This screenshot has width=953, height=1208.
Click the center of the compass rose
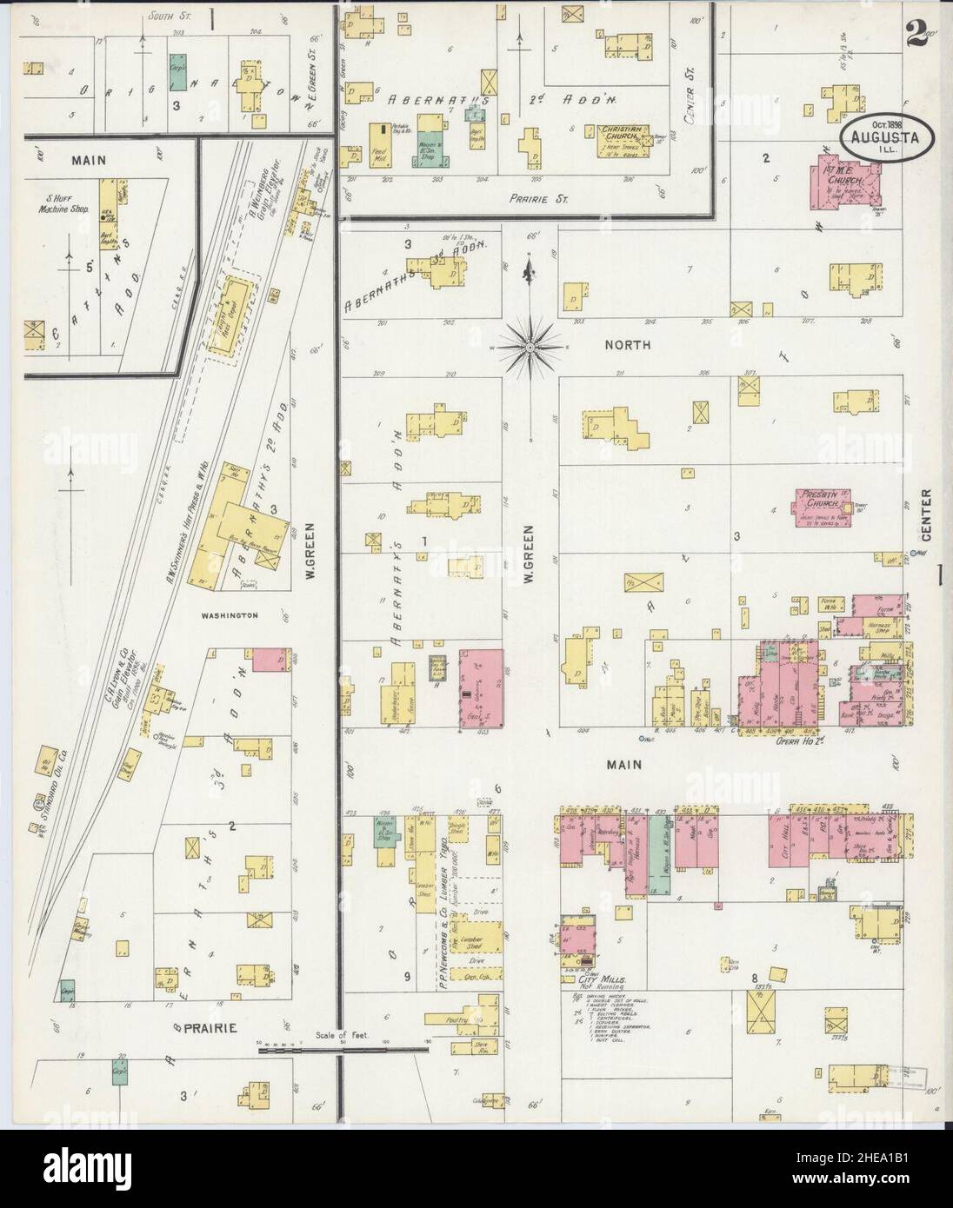[x=529, y=347]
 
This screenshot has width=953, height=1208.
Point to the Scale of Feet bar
[x=343, y=1046]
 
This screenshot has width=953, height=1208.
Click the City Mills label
[x=596, y=979]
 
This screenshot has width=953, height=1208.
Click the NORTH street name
[x=628, y=345]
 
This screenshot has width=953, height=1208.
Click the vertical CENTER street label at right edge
[x=927, y=517]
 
